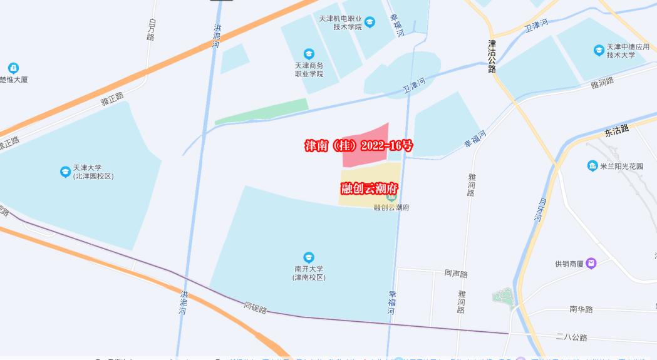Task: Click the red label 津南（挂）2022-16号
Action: pos(359,146)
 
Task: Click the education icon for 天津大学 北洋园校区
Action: pos(65,172)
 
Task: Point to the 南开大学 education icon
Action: pos(308,257)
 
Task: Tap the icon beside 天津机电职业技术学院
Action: pos(370,23)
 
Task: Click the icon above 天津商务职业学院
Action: pos(309,54)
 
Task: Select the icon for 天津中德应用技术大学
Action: pos(598,49)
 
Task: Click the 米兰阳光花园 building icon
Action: pos(592,166)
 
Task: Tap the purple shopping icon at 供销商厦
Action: pos(590,264)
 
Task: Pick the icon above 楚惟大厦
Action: pos(13,68)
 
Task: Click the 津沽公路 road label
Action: pos(492,57)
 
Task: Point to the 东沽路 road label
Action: pos(617,130)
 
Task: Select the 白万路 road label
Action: pos(151,29)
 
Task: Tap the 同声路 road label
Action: pos(456,274)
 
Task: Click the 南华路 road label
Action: pos(581,309)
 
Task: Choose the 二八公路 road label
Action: pos(571,337)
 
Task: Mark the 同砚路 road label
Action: pos(256,307)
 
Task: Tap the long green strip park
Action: pos(262,111)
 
